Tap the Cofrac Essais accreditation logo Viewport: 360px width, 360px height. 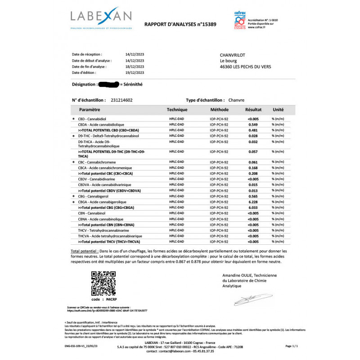point(240,21)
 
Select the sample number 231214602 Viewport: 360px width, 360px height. point(121,100)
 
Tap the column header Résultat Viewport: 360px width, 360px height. point(253,109)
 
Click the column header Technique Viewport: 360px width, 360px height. point(177,109)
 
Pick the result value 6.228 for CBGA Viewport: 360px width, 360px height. point(253,202)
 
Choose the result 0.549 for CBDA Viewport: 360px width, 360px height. point(253,124)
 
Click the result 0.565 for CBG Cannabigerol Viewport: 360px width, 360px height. point(253,197)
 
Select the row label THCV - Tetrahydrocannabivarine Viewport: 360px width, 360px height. point(105,230)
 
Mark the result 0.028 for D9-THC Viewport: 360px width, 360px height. point(253,135)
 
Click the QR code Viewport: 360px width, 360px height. point(103,283)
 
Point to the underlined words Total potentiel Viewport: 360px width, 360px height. point(85,251)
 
